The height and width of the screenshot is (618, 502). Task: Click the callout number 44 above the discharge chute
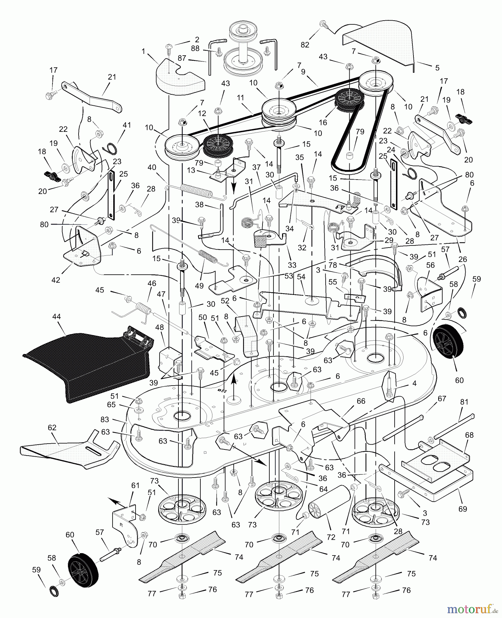[56, 317]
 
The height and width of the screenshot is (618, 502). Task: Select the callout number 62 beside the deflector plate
[52, 428]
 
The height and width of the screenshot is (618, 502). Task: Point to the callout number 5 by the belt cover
[437, 68]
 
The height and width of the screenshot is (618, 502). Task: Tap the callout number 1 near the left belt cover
[143, 51]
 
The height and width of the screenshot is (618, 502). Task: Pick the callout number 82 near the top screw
[305, 45]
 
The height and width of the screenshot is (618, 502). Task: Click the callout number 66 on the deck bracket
[361, 401]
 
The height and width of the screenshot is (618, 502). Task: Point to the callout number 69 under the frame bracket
[463, 508]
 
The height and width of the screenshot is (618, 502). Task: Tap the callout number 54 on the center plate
[301, 276]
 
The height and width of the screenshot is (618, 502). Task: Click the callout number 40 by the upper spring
[152, 168]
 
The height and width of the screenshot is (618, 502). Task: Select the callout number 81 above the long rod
[464, 401]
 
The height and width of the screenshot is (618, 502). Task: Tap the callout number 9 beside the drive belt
[303, 72]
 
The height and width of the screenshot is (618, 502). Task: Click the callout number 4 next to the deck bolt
[414, 383]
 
